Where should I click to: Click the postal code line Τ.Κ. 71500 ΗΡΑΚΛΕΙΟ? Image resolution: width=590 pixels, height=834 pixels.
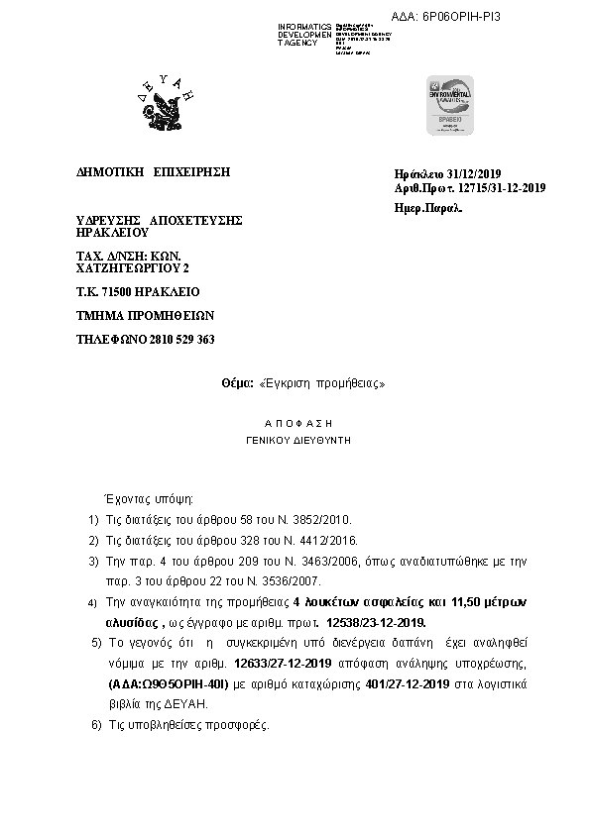coord(138,292)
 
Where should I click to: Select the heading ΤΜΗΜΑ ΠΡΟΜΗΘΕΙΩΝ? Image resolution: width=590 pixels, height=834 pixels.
coord(145,316)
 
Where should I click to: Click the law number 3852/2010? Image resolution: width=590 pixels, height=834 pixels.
coord(317,518)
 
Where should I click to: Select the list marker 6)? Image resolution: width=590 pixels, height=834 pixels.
coord(95,726)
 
